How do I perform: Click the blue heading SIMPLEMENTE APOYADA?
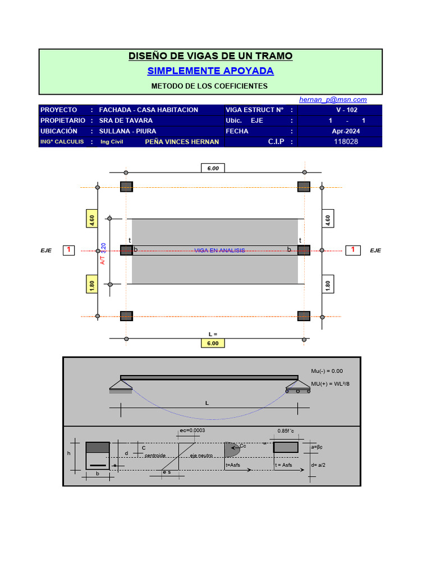[210, 71]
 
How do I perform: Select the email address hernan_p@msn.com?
[333, 99]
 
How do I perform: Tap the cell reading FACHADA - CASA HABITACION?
[148, 110]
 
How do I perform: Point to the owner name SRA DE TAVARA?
[126, 121]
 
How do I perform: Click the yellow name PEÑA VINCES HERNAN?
[182, 142]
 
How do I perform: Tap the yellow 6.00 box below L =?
[213, 343]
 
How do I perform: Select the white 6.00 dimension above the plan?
[213, 168]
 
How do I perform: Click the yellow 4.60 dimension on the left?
[92, 219]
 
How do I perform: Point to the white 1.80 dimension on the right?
[328, 285]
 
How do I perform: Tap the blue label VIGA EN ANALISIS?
[219, 250]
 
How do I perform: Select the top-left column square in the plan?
[126, 187]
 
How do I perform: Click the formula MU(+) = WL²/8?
[330, 384]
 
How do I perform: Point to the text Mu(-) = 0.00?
[327, 371]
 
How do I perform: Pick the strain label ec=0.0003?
[192, 430]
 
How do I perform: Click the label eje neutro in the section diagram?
[201, 456]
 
